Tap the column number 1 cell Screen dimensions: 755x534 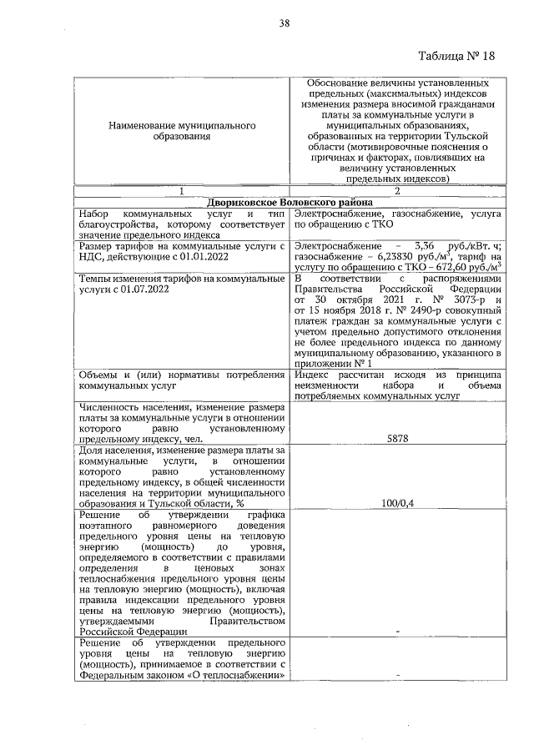pos(181,191)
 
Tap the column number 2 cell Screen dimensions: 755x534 pos(396,191)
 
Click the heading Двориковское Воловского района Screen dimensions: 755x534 pos(289,202)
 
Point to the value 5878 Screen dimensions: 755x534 pos(396,436)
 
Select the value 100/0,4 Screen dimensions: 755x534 pos(396,503)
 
